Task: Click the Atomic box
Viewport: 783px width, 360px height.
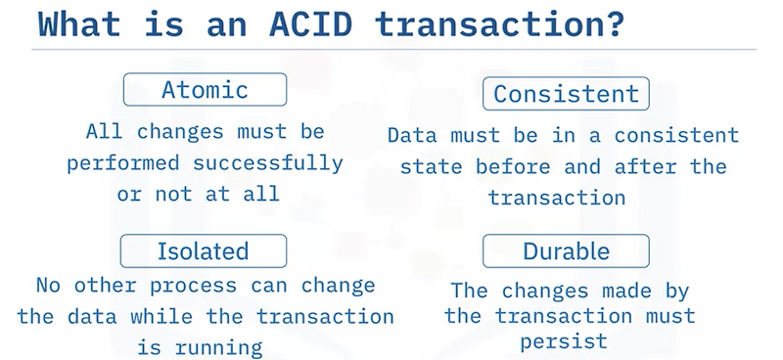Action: point(204,90)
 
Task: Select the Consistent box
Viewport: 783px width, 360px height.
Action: point(566,93)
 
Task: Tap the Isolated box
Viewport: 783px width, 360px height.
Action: point(204,251)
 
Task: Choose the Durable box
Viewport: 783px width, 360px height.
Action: point(566,251)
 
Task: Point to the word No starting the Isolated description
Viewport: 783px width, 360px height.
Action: point(48,286)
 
